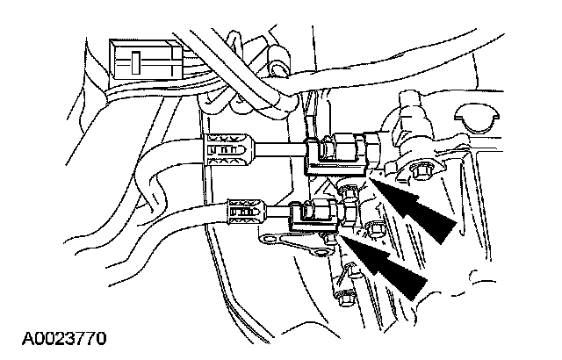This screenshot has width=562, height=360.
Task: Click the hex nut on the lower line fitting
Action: pyautogui.click(x=335, y=211)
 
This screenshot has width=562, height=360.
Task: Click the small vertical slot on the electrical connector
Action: pyautogui.click(x=136, y=62)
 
